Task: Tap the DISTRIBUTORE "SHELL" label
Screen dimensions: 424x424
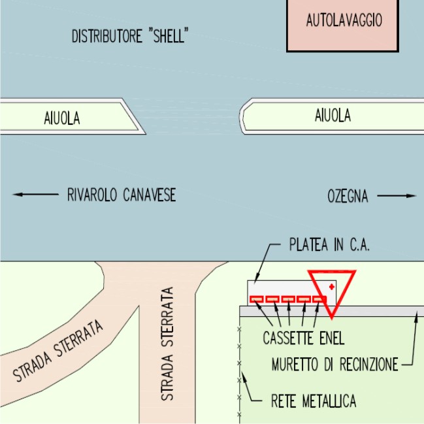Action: (x=129, y=37)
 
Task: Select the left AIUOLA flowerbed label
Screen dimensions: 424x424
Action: (x=62, y=118)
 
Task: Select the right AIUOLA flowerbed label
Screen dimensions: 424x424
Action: (x=333, y=116)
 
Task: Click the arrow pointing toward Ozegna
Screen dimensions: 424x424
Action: (x=397, y=195)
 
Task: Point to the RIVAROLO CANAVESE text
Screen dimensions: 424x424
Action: (x=122, y=195)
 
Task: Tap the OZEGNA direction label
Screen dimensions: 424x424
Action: (x=348, y=195)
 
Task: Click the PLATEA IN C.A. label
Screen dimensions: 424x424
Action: (x=329, y=246)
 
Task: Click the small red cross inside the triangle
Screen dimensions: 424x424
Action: (x=332, y=287)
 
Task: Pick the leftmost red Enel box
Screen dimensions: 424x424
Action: (x=257, y=299)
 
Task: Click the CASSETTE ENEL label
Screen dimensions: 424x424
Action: (x=303, y=338)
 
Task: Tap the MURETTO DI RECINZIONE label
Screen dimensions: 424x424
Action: (x=334, y=365)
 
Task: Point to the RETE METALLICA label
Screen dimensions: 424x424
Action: (x=314, y=400)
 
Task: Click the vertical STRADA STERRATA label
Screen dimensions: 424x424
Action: (x=169, y=343)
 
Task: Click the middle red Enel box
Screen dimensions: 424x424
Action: (x=288, y=299)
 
